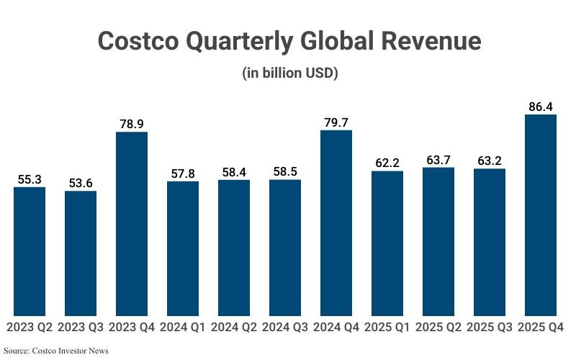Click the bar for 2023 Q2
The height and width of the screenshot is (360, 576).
pos(30,251)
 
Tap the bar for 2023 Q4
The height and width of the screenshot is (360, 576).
pos(132,224)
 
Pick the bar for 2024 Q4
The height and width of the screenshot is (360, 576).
pos(336,222)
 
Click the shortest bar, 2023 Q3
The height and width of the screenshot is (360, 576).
pos(81,253)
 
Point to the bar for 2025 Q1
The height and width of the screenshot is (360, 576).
pos(387,243)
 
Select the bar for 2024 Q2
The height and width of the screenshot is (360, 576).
pos(234,248)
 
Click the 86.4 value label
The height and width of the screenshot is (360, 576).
pos(541,107)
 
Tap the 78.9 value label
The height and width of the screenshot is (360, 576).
pos(132,124)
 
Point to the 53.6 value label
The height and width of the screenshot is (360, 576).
pos(81,183)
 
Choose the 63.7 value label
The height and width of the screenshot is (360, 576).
pos(438,160)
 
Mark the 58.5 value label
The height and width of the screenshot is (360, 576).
pos(285,171)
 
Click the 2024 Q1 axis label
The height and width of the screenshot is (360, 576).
pos(183,328)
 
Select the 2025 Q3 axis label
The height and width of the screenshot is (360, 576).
pos(490,328)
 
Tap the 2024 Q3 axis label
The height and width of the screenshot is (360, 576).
pos(285,328)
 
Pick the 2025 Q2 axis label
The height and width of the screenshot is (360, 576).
pos(438,328)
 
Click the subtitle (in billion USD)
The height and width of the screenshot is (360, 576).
pos(288,73)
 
